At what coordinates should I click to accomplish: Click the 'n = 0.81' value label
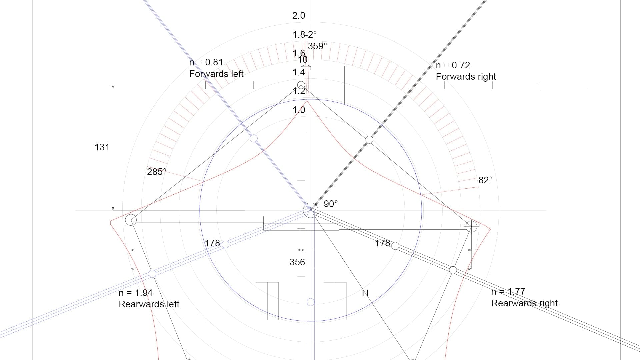tap(206, 62)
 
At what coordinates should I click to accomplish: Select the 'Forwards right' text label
tap(466, 77)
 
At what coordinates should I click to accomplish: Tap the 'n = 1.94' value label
tap(135, 293)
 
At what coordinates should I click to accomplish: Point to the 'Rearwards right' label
tap(524, 303)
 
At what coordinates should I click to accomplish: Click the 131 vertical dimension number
tap(102, 147)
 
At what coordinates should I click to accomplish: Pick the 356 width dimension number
tap(297, 262)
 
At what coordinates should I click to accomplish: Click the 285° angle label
tap(156, 172)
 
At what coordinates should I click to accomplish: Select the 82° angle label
tap(485, 180)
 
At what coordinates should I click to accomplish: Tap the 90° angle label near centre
tap(331, 204)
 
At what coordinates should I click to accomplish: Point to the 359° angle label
tap(317, 46)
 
